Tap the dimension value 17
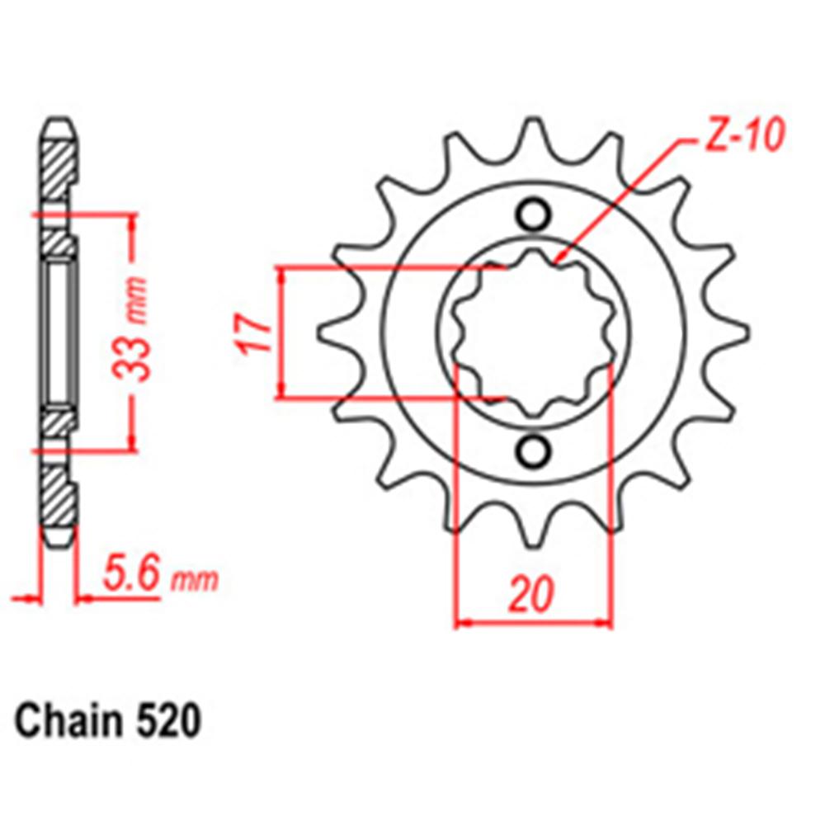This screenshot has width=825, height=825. [x=257, y=332]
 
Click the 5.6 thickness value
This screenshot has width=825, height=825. [x=132, y=576]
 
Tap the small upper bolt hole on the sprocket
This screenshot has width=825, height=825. [x=534, y=215]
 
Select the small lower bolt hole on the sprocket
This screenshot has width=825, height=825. [x=534, y=450]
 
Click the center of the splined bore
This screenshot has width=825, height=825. [x=534, y=332]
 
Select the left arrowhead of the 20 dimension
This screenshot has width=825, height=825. [x=460, y=622]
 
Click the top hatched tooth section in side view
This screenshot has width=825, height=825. [x=59, y=169]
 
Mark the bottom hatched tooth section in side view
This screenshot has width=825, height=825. [x=59, y=497]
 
